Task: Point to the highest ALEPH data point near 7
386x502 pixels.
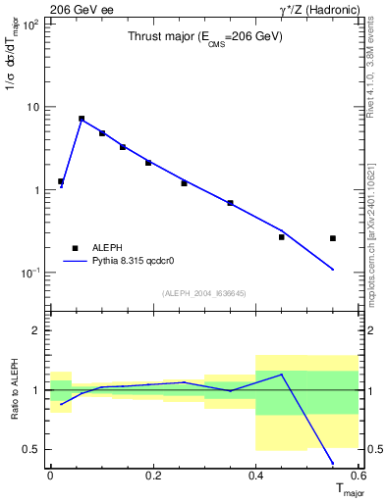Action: coord(82,119)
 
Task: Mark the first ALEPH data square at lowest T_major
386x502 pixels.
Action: coord(61,181)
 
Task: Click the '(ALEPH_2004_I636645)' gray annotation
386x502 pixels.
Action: coord(204,292)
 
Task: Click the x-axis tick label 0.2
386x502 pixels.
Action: coord(153,476)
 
